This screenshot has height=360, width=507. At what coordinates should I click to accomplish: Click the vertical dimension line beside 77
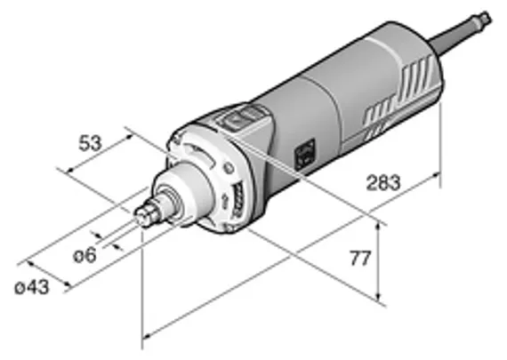380,262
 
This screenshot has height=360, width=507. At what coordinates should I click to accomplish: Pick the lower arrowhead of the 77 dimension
380,298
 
